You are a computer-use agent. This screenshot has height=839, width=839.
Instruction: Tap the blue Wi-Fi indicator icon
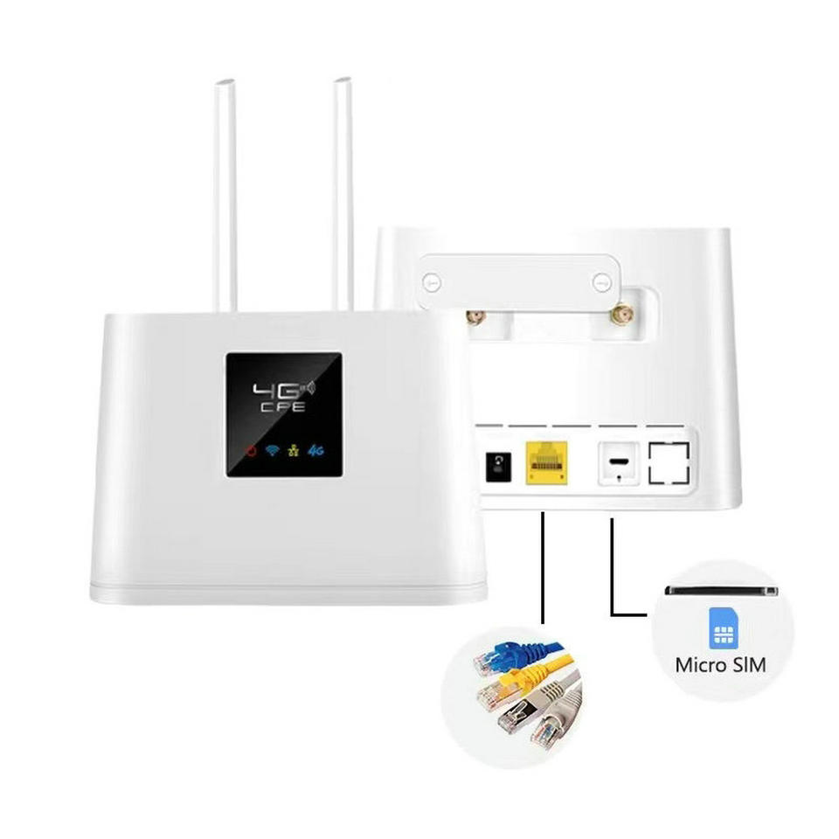tap(274, 452)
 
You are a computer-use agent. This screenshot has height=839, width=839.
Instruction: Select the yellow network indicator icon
tap(295, 452)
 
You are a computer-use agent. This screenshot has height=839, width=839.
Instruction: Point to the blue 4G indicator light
tap(315, 452)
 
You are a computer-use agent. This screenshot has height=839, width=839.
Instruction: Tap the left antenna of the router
tap(225, 192)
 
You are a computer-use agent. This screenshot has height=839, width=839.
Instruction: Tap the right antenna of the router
tap(343, 192)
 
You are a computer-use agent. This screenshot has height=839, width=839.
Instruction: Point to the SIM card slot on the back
tap(619, 461)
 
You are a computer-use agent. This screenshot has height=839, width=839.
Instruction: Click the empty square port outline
tap(669, 462)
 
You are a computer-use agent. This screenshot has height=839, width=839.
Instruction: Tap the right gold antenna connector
tap(621, 314)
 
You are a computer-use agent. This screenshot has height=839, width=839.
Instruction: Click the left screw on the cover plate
tap(430, 282)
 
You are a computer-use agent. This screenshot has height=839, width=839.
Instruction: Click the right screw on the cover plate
tap(600, 281)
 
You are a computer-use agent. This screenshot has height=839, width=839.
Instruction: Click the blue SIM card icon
tap(722, 628)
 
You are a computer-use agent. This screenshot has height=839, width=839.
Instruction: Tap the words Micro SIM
tap(720, 665)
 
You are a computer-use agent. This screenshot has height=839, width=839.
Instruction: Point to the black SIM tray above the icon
tap(721, 591)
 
